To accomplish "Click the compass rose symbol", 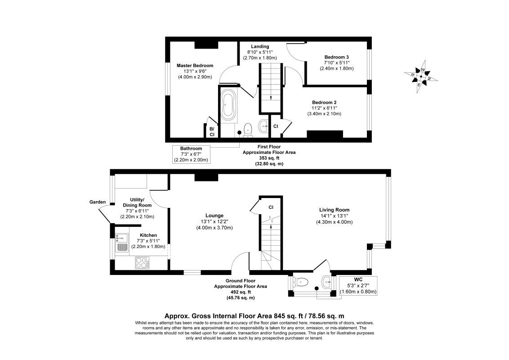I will [x=420, y=76].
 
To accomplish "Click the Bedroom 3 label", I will [x=337, y=63].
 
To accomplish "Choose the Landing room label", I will [x=260, y=52].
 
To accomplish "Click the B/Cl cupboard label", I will [x=211, y=131].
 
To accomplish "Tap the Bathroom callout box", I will [x=191, y=154].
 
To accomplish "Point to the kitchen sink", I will [x=122, y=243].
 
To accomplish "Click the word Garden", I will [x=97, y=202].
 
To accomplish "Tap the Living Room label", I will [x=334, y=216].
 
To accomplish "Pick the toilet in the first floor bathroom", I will [x=247, y=130].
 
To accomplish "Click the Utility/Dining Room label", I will [x=137, y=208].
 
